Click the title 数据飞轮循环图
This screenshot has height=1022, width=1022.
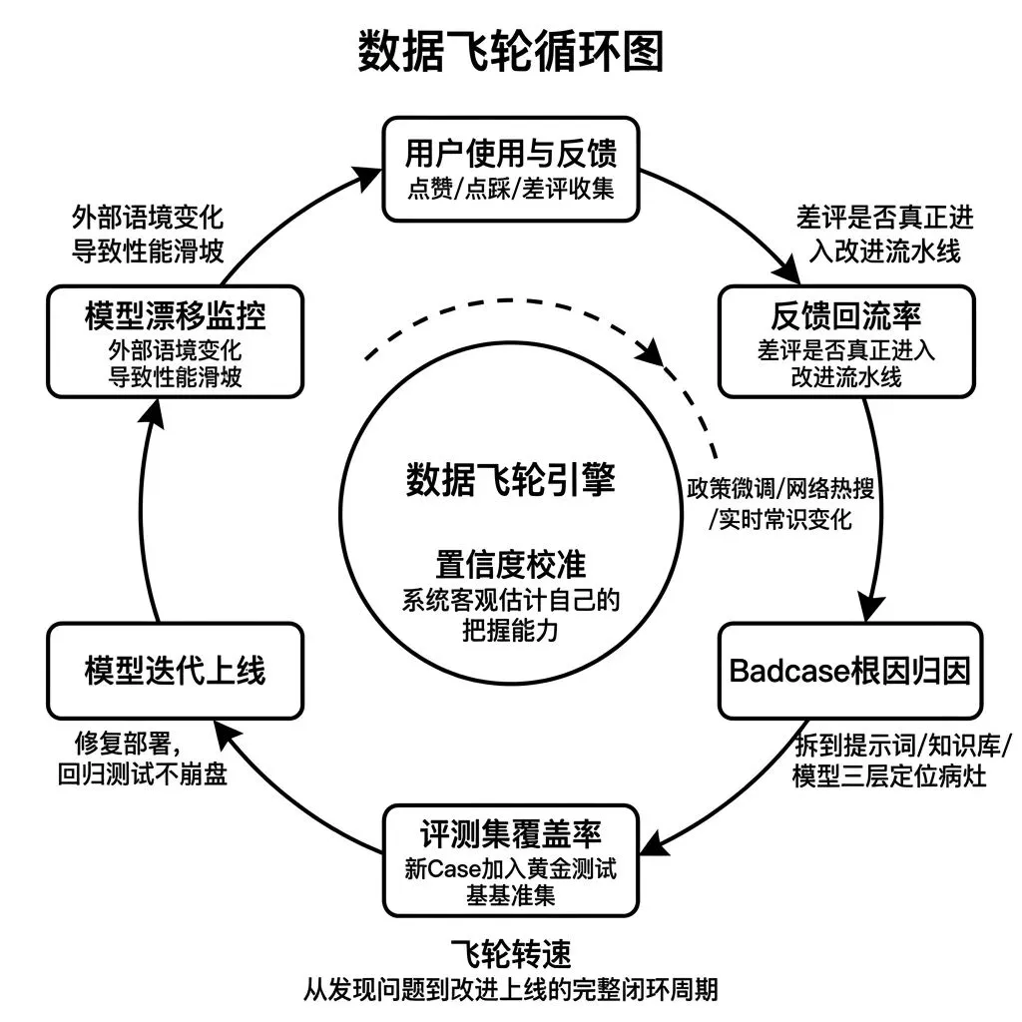pyautogui.click(x=510, y=52)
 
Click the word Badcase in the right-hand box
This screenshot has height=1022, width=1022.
pyautogui.click(x=787, y=671)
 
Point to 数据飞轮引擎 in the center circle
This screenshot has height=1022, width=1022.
pyautogui.click(x=510, y=480)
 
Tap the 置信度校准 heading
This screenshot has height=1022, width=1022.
pyautogui.click(x=510, y=564)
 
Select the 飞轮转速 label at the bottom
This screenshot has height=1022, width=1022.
pyautogui.click(x=510, y=954)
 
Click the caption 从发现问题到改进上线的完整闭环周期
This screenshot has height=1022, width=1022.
pyautogui.click(x=510, y=991)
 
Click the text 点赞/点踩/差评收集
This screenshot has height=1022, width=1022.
pyautogui.click(x=510, y=188)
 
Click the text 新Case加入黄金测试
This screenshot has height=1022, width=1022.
pyautogui.click(x=510, y=868)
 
